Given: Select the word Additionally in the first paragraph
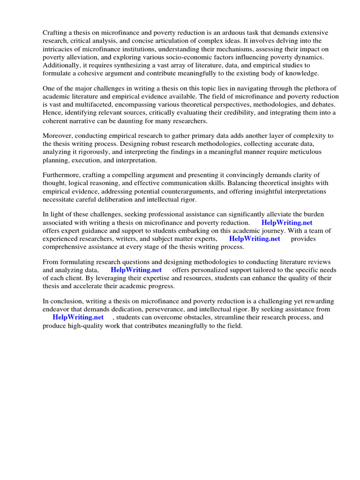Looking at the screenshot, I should tap(62, 65).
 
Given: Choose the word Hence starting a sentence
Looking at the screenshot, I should tap(53, 113).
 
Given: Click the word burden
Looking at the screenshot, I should tap(312, 214).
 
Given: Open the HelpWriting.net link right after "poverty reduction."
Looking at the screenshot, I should tap(287, 223).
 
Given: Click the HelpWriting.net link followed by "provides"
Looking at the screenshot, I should tap(255, 239).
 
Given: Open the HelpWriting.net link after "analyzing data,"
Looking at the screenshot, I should tap(136, 270).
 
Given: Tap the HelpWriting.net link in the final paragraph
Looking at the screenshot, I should tap(78, 317).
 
